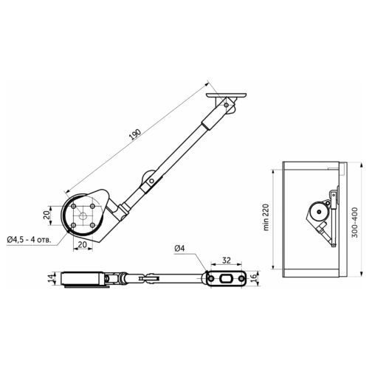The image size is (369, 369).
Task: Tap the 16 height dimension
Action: pos(255,279)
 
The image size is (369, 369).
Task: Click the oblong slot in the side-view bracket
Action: pos(224,279)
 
